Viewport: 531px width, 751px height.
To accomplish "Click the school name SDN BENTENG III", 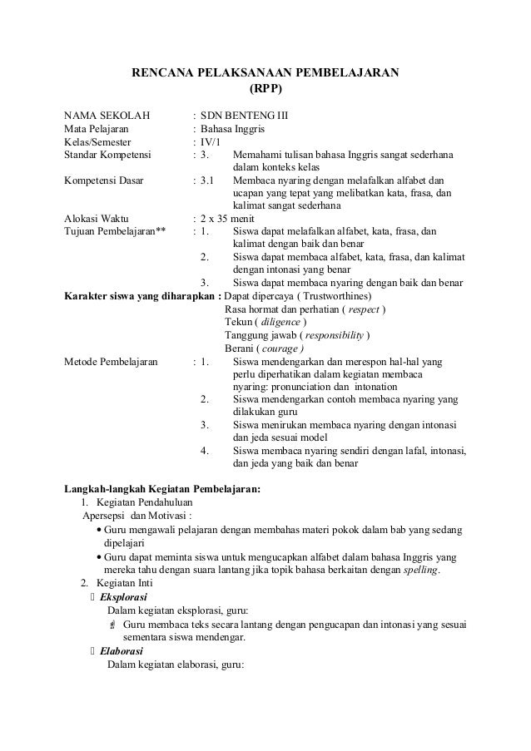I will (246, 115).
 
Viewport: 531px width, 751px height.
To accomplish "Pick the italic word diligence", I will (279, 322).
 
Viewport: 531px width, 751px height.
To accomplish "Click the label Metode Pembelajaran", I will (111, 362).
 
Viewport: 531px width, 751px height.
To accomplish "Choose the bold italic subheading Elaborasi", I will (122, 651).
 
